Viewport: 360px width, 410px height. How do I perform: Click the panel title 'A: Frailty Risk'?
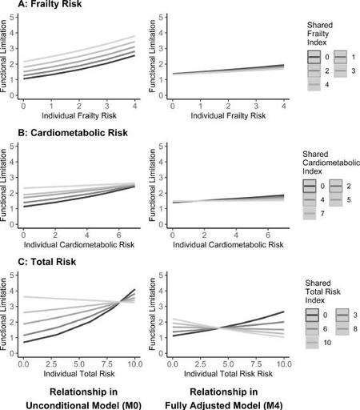tap(50, 4)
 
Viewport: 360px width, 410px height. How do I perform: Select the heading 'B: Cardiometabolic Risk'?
tap(73, 133)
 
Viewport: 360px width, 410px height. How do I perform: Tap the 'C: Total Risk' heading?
tap(47, 262)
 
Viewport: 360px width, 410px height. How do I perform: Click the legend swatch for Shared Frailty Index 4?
tap(314, 85)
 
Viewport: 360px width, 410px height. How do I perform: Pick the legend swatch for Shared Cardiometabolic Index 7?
tap(310, 214)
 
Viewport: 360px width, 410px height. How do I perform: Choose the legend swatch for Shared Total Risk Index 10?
tap(312, 343)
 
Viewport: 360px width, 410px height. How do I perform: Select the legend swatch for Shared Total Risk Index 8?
tap(342, 328)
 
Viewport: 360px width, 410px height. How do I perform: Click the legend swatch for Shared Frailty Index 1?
tap(340, 57)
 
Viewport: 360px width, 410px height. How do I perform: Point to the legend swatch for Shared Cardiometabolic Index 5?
tap(336, 199)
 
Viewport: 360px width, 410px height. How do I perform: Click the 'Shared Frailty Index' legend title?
tap(320, 34)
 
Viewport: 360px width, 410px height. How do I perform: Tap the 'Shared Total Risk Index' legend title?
tap(322, 291)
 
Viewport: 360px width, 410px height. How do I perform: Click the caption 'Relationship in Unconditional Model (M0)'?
tap(83, 399)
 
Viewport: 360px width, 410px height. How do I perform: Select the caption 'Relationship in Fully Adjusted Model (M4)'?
tap(224, 399)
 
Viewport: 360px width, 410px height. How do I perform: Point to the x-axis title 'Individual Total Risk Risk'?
tap(228, 373)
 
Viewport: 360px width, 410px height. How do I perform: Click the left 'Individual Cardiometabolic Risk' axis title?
tap(79, 244)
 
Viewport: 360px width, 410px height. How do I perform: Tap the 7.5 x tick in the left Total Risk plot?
tap(107, 364)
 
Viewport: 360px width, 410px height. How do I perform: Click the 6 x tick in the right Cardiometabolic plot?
tap(268, 235)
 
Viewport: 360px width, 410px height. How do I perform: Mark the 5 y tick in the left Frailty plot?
tap(12, 18)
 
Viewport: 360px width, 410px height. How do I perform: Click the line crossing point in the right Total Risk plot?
tap(219, 328)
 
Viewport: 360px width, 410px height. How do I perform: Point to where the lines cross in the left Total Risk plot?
tap(119, 302)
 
